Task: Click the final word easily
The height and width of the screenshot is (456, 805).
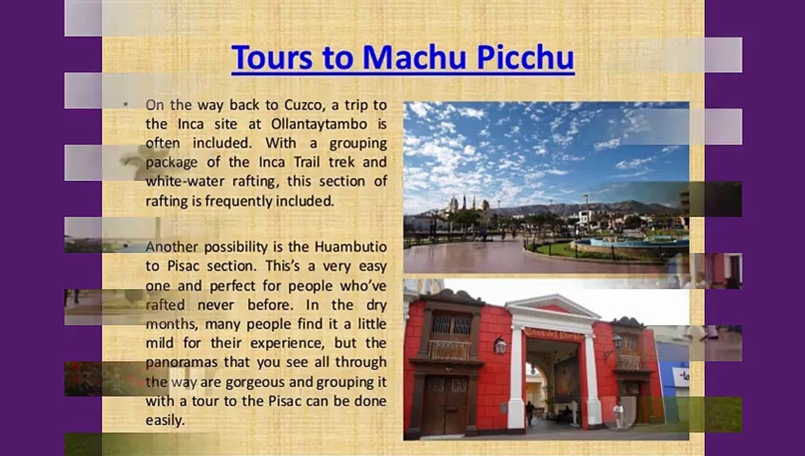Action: click(x=165, y=420)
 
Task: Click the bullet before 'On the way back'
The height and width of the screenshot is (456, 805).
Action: click(x=126, y=103)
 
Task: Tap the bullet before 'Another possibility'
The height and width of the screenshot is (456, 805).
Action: click(x=126, y=246)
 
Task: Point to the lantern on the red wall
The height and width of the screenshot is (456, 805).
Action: click(x=500, y=345)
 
